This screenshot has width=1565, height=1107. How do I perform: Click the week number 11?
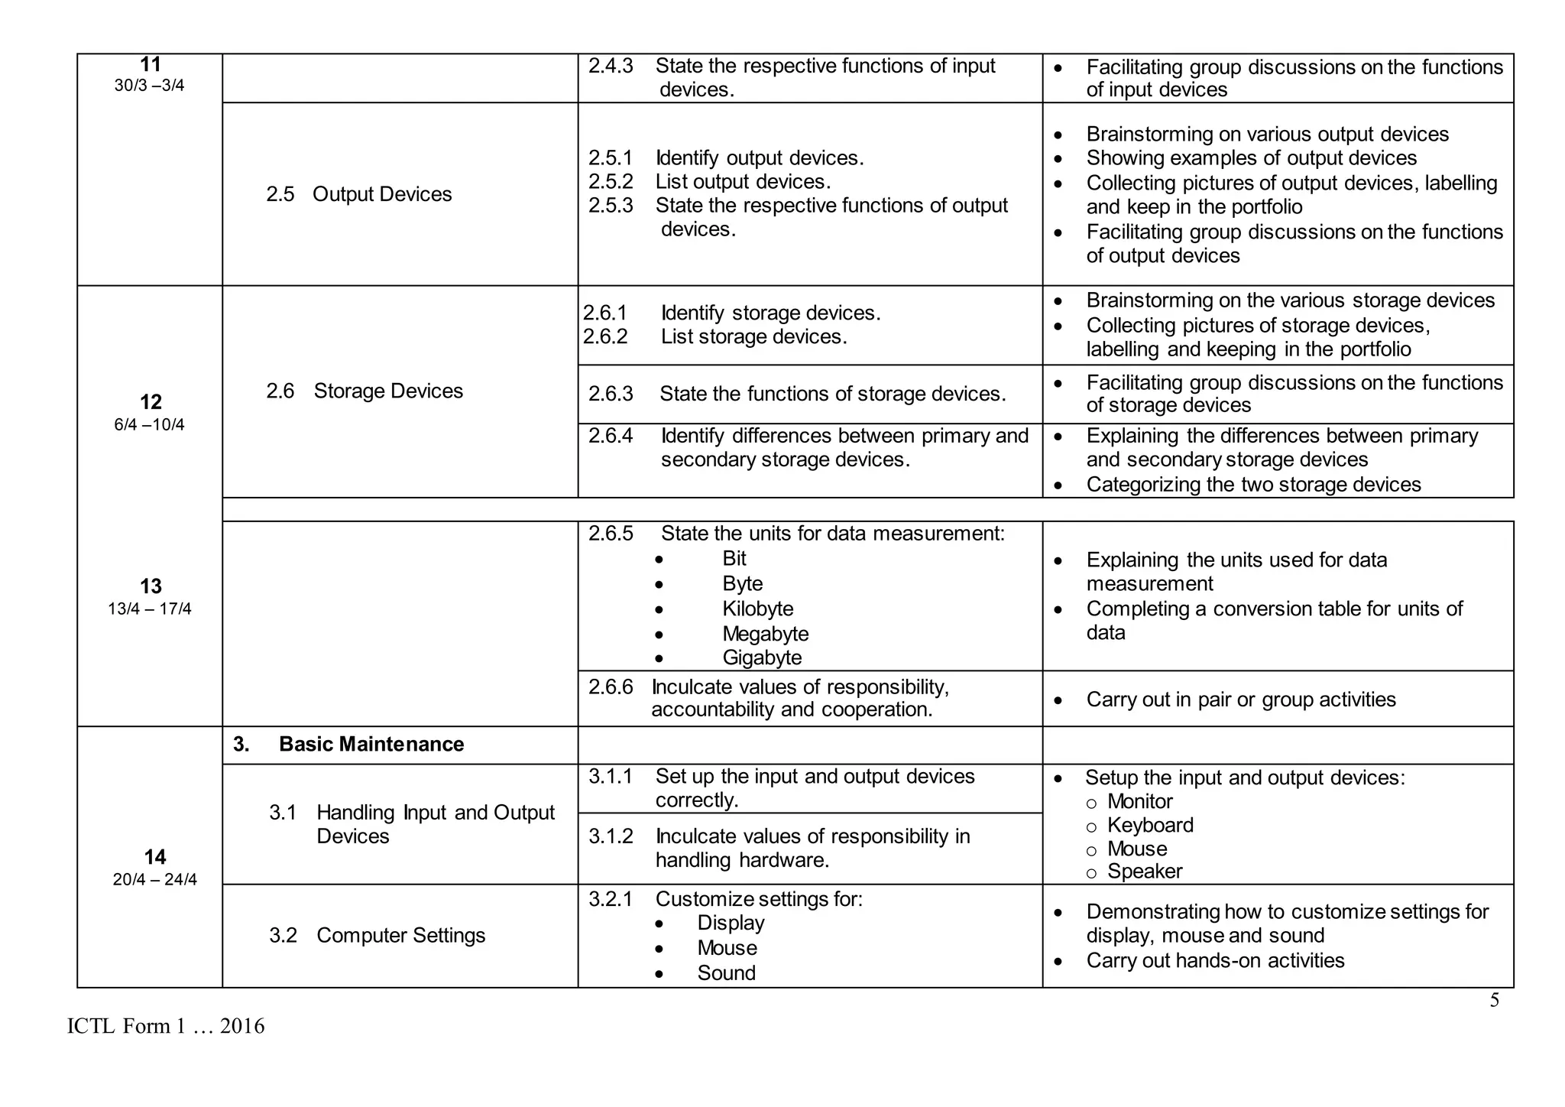150,65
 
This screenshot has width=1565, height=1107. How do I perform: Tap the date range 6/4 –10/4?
149,425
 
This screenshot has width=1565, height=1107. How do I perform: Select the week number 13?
151,586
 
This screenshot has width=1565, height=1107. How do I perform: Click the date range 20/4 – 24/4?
154,880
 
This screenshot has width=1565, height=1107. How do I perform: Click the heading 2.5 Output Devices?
359,194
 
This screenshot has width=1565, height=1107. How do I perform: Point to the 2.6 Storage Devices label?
365,391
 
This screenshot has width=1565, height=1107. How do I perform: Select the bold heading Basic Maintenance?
371,745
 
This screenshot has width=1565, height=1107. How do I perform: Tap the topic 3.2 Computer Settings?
377,936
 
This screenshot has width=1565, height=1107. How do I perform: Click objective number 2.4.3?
611,67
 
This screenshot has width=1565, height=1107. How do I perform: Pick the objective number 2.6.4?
611,437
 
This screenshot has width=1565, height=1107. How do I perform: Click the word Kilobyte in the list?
757,609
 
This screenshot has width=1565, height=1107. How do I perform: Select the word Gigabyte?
762,658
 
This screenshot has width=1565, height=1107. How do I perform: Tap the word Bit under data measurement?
734,559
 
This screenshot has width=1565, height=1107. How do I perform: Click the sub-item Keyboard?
1149,826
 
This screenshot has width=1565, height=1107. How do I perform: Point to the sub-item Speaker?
1144,872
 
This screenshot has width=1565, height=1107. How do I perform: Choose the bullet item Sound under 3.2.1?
726,973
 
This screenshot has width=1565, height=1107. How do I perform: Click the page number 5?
1494,1001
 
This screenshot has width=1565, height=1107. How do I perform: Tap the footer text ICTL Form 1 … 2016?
166,1027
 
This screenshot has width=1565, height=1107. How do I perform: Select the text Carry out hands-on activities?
1215,961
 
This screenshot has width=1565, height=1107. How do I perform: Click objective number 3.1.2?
611,837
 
